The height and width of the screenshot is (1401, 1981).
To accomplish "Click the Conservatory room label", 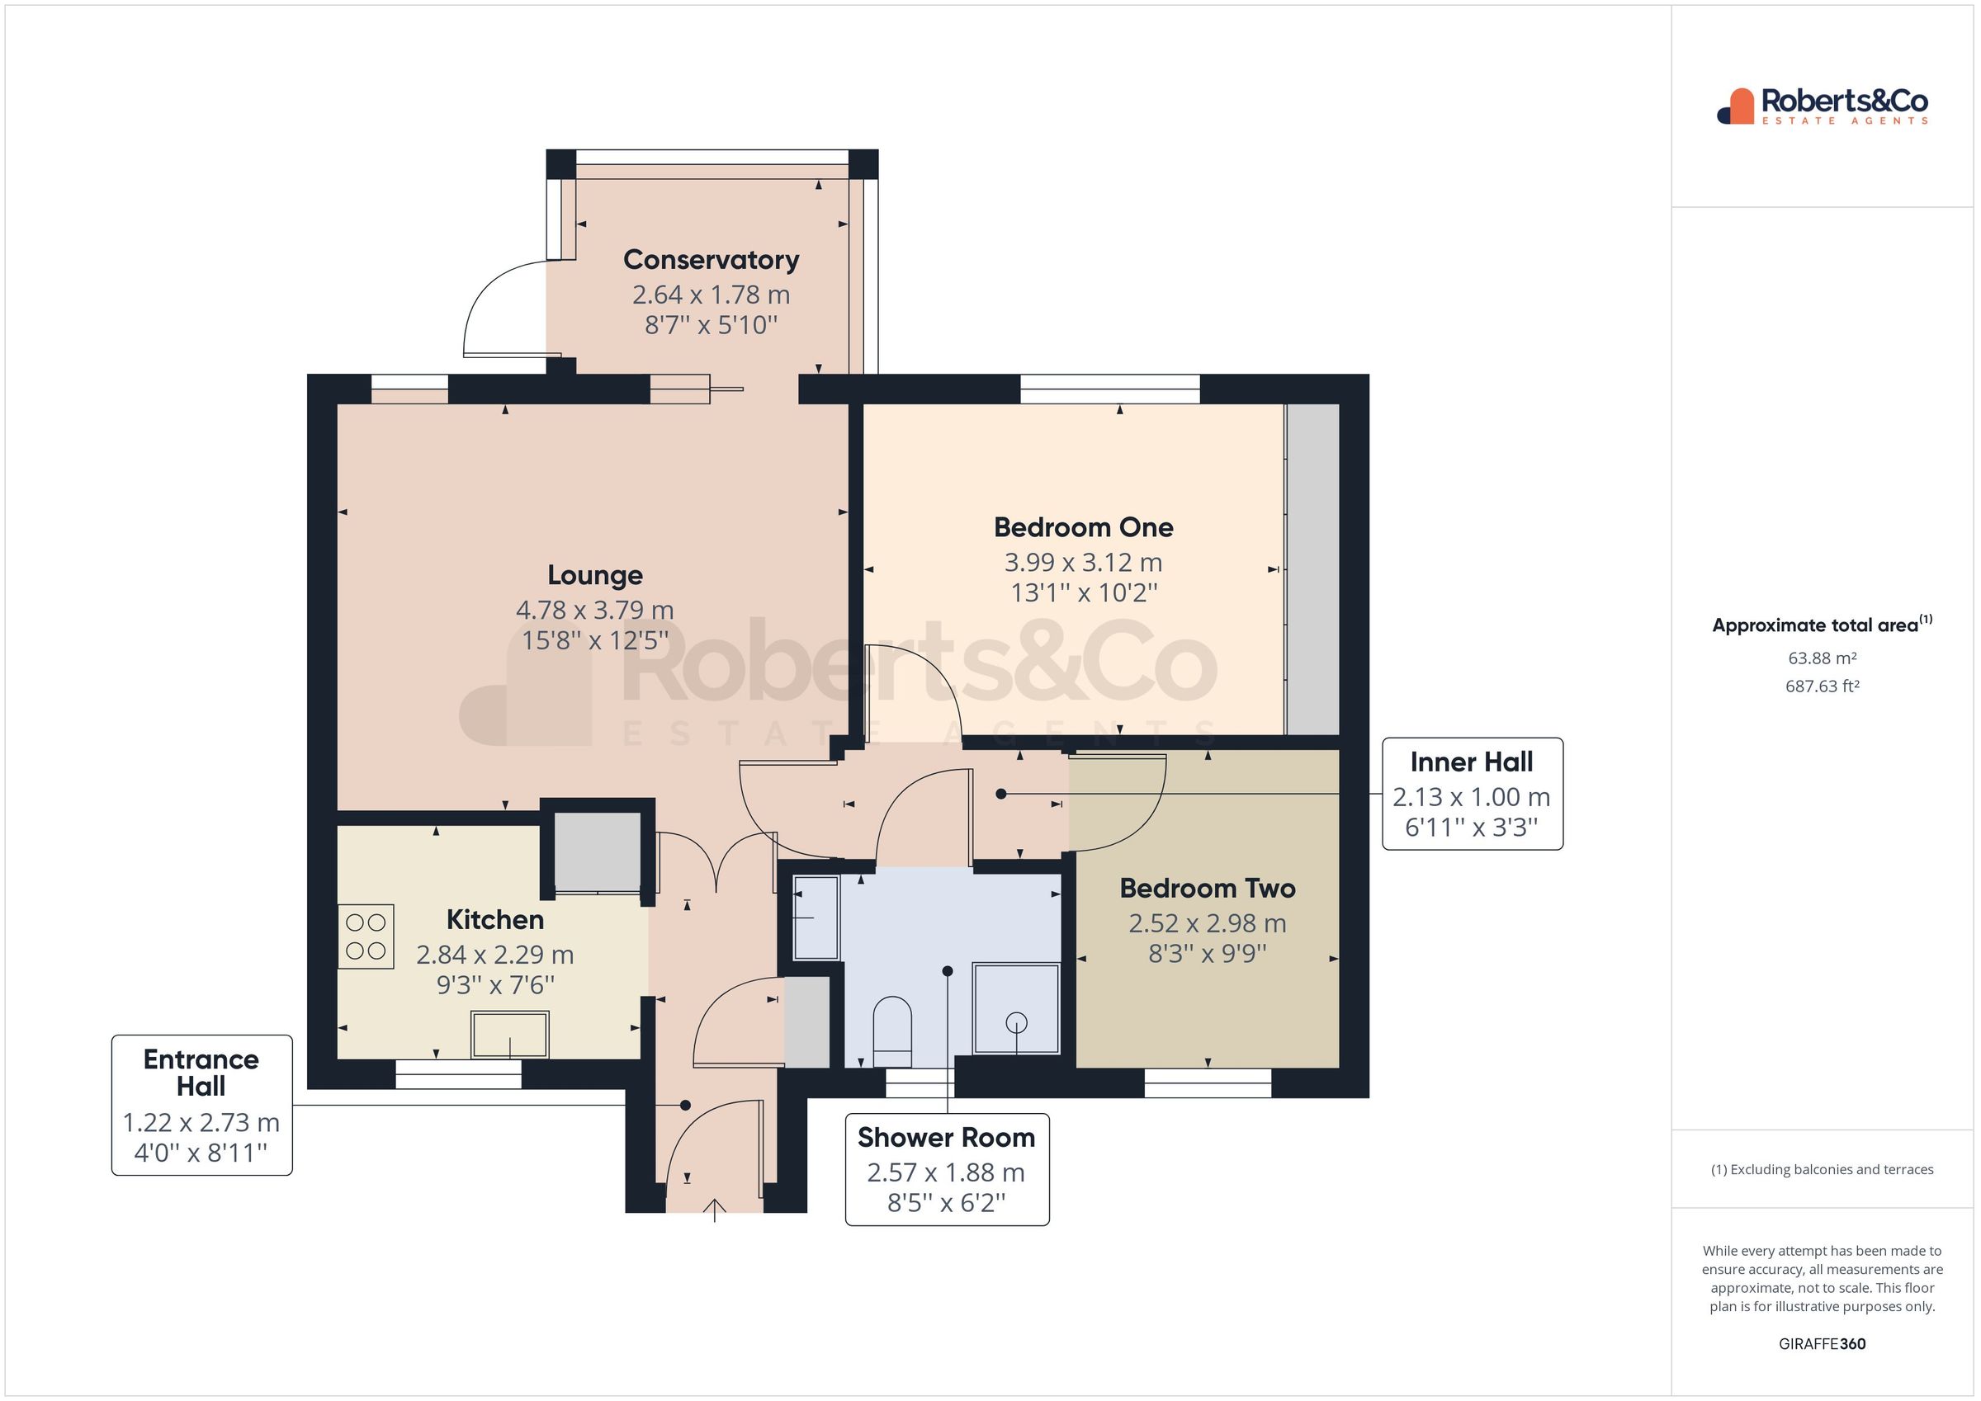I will click(x=711, y=260).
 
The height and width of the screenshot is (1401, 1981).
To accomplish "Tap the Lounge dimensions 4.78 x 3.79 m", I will click(x=594, y=610).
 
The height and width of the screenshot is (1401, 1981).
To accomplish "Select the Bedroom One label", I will click(x=1083, y=527).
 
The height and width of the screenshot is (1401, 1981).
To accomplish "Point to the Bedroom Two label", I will click(x=1207, y=888).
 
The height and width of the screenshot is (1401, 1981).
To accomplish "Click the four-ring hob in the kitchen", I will click(x=366, y=936).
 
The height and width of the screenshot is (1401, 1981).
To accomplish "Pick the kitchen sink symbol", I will click(x=509, y=1035).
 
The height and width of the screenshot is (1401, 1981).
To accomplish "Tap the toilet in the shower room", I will click(x=892, y=1031).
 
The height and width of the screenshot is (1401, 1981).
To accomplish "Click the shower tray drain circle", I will click(x=1016, y=1023).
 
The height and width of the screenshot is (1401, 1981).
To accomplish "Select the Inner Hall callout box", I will click(x=1471, y=794).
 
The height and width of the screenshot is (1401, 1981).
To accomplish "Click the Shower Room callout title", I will click(x=946, y=1137).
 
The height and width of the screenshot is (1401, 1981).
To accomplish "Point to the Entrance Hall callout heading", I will click(x=201, y=1072).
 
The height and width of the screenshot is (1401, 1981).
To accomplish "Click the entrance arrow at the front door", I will click(x=715, y=1210).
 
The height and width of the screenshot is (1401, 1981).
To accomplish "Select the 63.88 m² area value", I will click(x=1823, y=658).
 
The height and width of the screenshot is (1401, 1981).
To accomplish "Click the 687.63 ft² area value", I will click(x=1823, y=686).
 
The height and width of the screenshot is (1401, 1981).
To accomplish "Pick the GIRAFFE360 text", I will click(x=1823, y=1343).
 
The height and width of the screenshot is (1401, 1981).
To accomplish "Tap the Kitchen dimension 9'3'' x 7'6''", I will click(x=495, y=985).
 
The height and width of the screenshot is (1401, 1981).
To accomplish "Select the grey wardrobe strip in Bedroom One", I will click(x=1313, y=569).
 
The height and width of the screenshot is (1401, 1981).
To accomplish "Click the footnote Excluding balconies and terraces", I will click(x=1823, y=1170).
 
